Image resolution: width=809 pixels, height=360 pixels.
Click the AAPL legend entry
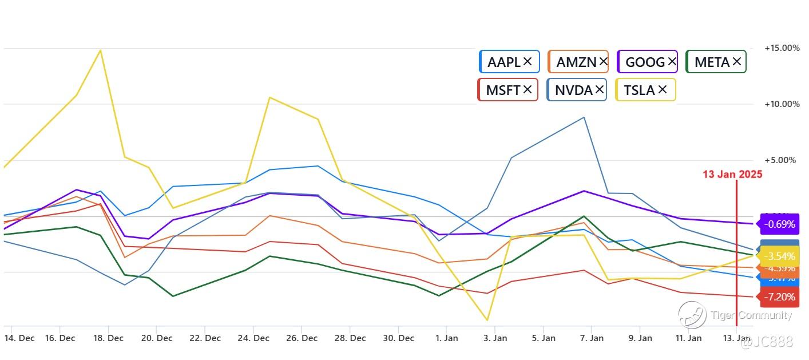coord(503,62)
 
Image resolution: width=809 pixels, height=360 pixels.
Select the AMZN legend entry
coord(576,62)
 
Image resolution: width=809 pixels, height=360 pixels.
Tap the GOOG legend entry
coord(645,62)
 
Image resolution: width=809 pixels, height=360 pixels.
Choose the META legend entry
coord(712,62)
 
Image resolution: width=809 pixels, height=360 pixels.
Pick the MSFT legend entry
coord(502,90)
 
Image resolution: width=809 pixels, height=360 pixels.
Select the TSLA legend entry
coord(639,90)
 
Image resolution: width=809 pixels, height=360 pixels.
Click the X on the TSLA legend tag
coord(662,89)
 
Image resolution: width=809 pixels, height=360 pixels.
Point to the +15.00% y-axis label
coord(782,48)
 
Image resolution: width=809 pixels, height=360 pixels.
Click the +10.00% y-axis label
coord(782,104)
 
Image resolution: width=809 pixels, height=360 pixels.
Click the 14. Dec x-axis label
coord(19,338)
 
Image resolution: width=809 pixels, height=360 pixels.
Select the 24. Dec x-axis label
coord(253,338)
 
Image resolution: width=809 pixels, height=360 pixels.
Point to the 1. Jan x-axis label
coord(447,338)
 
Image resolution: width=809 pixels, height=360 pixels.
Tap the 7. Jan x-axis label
coord(592,338)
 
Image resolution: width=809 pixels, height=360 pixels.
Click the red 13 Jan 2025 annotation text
coord(732,175)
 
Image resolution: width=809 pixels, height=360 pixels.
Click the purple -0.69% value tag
coord(779,224)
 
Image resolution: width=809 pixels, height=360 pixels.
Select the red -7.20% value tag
coord(779,297)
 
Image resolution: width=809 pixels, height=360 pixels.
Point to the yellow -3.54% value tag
coord(779,256)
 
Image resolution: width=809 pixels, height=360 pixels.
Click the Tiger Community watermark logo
coord(692,315)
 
